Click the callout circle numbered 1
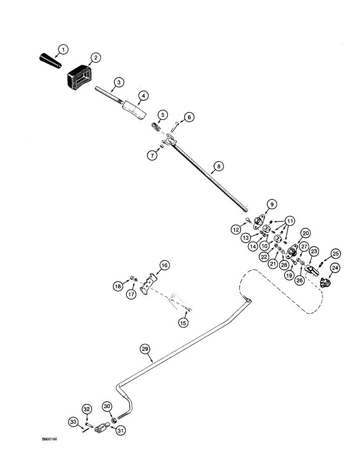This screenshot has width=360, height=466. click(x=63, y=48)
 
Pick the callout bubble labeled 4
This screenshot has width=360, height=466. click(x=144, y=96)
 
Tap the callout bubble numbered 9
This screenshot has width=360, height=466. click(x=271, y=203)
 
